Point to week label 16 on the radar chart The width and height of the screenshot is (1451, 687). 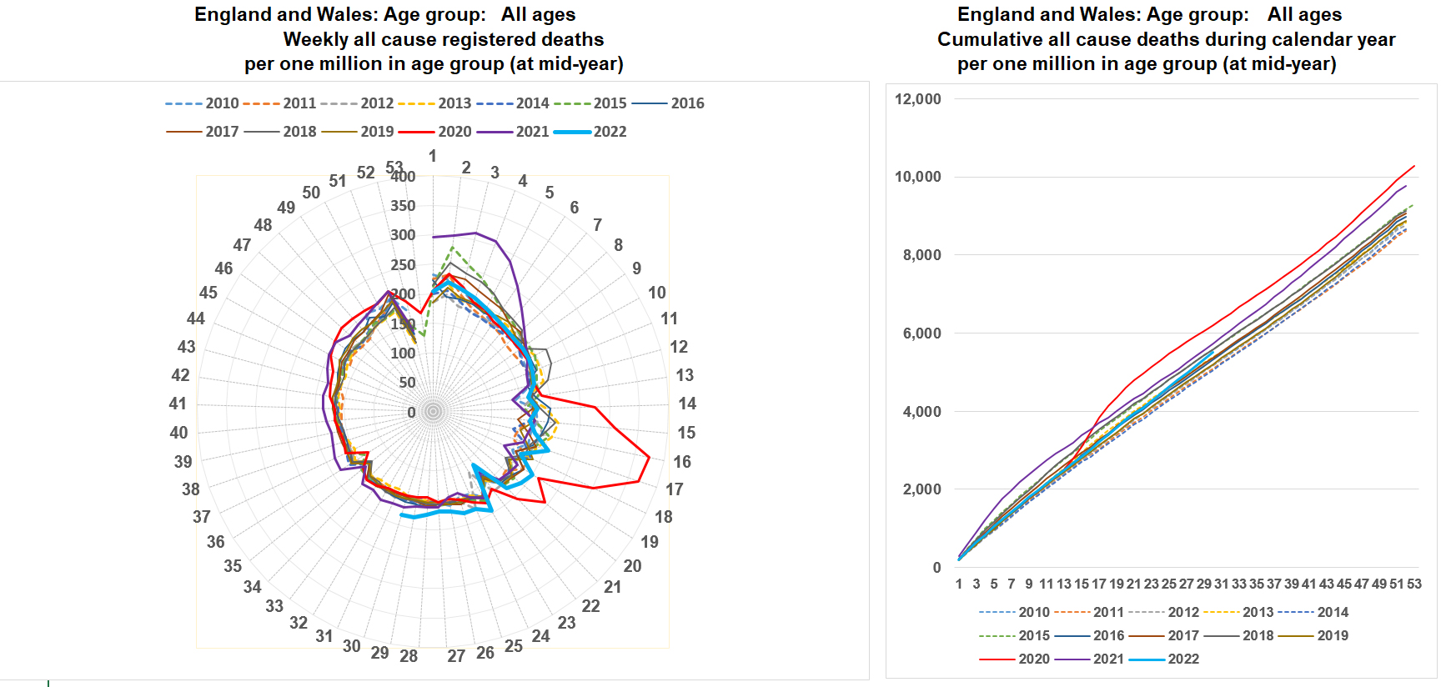pyautogui.click(x=682, y=462)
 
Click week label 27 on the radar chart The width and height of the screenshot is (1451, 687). pyautogui.click(x=456, y=656)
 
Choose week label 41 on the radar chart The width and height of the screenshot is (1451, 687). pyautogui.click(x=178, y=404)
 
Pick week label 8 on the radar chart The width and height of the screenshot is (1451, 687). pyautogui.click(x=618, y=245)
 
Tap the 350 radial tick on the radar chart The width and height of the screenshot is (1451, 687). pyautogui.click(x=403, y=206)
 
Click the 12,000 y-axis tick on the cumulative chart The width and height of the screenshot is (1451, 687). pyautogui.click(x=917, y=99)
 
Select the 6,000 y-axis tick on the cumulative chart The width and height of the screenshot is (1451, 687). pyautogui.click(x=921, y=333)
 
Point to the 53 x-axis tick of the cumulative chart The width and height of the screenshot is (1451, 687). pyautogui.click(x=1414, y=584)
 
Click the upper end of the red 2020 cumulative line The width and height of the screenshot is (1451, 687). pyautogui.click(x=1414, y=166)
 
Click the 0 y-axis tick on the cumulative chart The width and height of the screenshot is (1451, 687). pyautogui.click(x=936, y=568)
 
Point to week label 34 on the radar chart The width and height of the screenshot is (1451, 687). pyautogui.click(x=252, y=587)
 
